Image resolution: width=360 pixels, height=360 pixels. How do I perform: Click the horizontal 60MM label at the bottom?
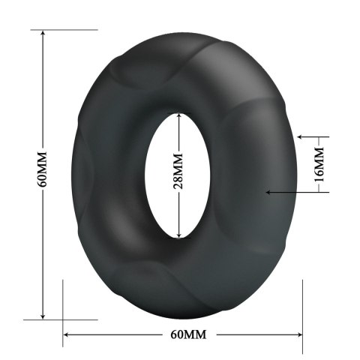pyautogui.click(x=183, y=333)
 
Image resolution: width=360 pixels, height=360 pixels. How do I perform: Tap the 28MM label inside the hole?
pyautogui.click(x=178, y=174)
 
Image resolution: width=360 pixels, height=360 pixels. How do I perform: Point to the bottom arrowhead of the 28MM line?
pyautogui.click(x=178, y=234)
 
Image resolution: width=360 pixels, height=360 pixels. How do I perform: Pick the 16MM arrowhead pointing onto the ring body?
pyautogui.click(x=268, y=193)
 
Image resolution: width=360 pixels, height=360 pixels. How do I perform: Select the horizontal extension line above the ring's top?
pyautogui.click(x=64, y=30)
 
